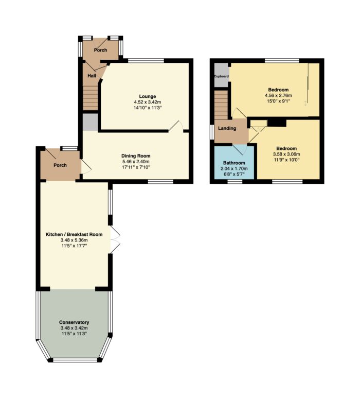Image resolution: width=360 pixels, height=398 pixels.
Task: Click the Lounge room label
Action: (x=148, y=96)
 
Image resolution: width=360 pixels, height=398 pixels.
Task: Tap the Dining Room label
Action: (x=136, y=156)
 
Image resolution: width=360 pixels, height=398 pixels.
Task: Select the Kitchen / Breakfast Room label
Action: (x=74, y=234)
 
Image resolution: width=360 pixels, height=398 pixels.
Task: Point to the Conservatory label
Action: (x=74, y=322)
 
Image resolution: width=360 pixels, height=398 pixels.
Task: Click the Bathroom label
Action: (x=234, y=163)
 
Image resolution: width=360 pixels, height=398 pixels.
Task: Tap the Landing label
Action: (x=227, y=128)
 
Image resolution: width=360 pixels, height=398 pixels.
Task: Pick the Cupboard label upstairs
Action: (x=222, y=76)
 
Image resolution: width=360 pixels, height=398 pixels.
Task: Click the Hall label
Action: (x=92, y=76)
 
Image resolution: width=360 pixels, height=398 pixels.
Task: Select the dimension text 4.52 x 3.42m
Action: (x=148, y=102)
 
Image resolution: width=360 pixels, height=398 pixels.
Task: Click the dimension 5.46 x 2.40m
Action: (x=136, y=162)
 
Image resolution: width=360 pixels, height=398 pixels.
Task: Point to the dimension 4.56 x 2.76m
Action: (x=278, y=95)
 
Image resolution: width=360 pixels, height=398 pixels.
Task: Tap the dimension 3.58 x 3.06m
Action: (x=286, y=154)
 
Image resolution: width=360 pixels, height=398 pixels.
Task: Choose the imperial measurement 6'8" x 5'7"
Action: (x=234, y=175)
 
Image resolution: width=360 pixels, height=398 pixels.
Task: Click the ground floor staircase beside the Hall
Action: (x=91, y=98)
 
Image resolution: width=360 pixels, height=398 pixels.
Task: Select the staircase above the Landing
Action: (x=221, y=105)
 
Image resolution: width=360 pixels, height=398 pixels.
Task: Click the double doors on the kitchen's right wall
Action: (x=115, y=239)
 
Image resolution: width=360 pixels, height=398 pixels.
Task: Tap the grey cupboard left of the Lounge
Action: (x=91, y=123)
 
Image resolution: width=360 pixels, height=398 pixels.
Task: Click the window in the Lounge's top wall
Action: (x=146, y=61)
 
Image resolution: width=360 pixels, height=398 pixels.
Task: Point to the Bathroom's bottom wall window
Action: (x=235, y=181)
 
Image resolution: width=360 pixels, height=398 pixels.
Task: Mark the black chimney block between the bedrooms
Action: (x=277, y=123)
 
